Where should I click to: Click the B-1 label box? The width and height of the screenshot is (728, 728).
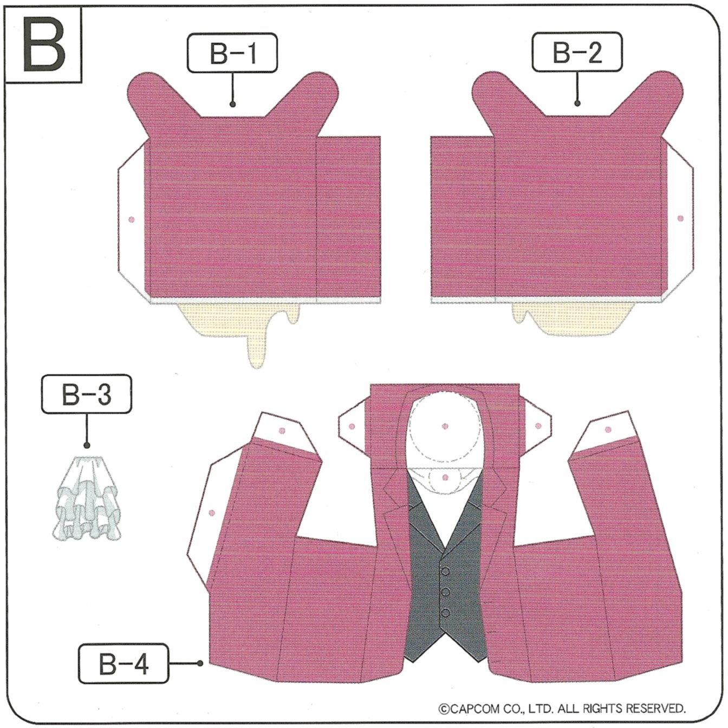232,53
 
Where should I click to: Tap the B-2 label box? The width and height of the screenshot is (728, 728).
577,52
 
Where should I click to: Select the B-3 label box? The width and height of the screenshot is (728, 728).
87,394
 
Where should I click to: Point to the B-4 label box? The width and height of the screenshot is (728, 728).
123,664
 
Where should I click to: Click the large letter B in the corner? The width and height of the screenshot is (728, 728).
44,44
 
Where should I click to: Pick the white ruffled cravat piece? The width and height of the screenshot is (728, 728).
87,498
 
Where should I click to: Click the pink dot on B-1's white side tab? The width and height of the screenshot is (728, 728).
132,219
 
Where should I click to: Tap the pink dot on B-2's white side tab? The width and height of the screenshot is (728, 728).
680,218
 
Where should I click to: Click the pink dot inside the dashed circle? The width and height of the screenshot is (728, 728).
445,426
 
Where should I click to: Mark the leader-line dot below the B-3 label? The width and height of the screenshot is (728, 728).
87,446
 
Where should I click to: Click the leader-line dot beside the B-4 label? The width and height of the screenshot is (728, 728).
200,664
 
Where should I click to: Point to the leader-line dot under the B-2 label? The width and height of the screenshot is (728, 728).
577,103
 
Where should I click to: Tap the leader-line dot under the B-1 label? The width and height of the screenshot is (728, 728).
233,104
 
